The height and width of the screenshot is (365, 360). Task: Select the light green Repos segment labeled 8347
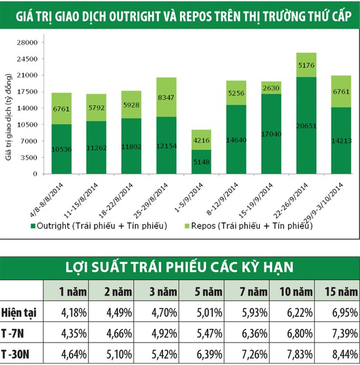point(166,97)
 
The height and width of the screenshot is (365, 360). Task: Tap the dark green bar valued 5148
point(201,162)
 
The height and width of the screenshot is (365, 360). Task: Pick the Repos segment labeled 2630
point(271,88)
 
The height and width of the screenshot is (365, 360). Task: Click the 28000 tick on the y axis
point(26,42)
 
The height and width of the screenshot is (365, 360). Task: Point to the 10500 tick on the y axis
point(26,125)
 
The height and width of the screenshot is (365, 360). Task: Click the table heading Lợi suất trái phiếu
point(180,267)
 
